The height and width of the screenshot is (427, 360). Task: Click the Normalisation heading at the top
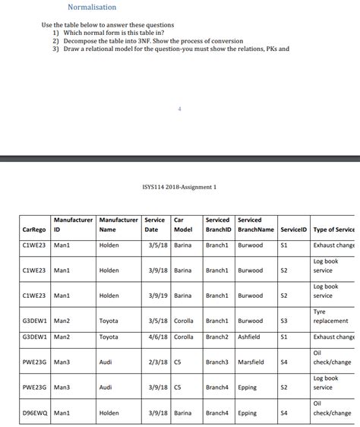click(x=92, y=8)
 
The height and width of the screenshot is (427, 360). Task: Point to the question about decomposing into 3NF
click(x=143, y=41)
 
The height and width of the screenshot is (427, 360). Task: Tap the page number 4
click(x=179, y=109)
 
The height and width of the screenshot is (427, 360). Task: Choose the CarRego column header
click(x=34, y=229)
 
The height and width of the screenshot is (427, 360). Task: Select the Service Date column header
click(x=155, y=224)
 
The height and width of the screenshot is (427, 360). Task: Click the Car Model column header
click(x=183, y=224)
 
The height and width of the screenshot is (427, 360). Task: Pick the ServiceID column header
click(x=294, y=229)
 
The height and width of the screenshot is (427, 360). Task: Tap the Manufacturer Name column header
click(x=118, y=224)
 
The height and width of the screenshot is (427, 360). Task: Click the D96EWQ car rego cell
click(x=36, y=413)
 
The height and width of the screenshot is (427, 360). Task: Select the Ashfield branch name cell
click(x=249, y=337)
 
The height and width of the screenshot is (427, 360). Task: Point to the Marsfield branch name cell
click(x=251, y=362)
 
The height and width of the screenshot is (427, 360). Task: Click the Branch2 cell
click(x=218, y=337)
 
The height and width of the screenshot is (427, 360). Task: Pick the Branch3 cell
click(x=218, y=362)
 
